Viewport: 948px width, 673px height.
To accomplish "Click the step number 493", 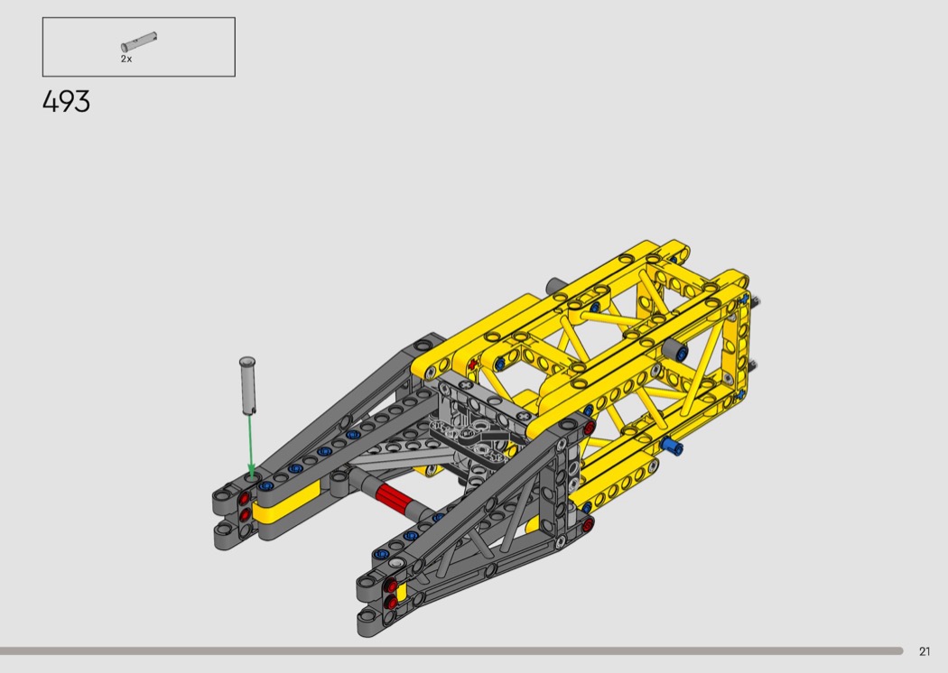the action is [67, 102].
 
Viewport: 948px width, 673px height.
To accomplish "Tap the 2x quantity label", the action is [126, 59].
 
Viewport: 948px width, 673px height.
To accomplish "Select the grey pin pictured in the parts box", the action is [139, 41].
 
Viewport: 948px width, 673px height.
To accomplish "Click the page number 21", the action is [925, 651].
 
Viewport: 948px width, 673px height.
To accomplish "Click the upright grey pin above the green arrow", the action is [248, 385].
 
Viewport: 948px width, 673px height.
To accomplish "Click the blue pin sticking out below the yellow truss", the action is [671, 446].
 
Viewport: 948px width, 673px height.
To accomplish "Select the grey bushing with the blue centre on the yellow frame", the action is [674, 350].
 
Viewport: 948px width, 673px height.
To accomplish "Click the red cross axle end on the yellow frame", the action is [473, 364].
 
